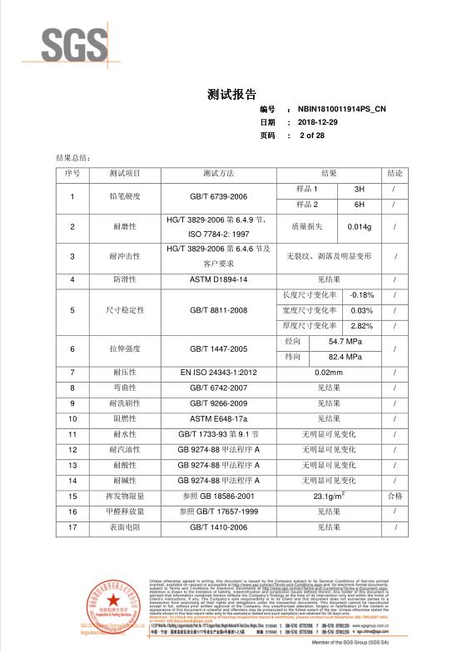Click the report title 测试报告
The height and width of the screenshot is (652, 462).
tap(231, 93)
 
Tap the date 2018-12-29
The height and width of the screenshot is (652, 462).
tap(320, 122)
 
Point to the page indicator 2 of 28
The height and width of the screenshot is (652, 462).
tap(312, 135)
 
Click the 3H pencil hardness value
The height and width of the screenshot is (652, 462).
tap(360, 190)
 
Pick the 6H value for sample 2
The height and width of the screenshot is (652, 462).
tap(360, 205)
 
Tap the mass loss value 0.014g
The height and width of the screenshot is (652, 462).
tap(360, 226)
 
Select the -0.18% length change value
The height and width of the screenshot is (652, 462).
tap(362, 295)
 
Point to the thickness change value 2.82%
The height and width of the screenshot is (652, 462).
tap(362, 325)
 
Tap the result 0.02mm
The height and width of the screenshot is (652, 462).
tap(330, 373)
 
